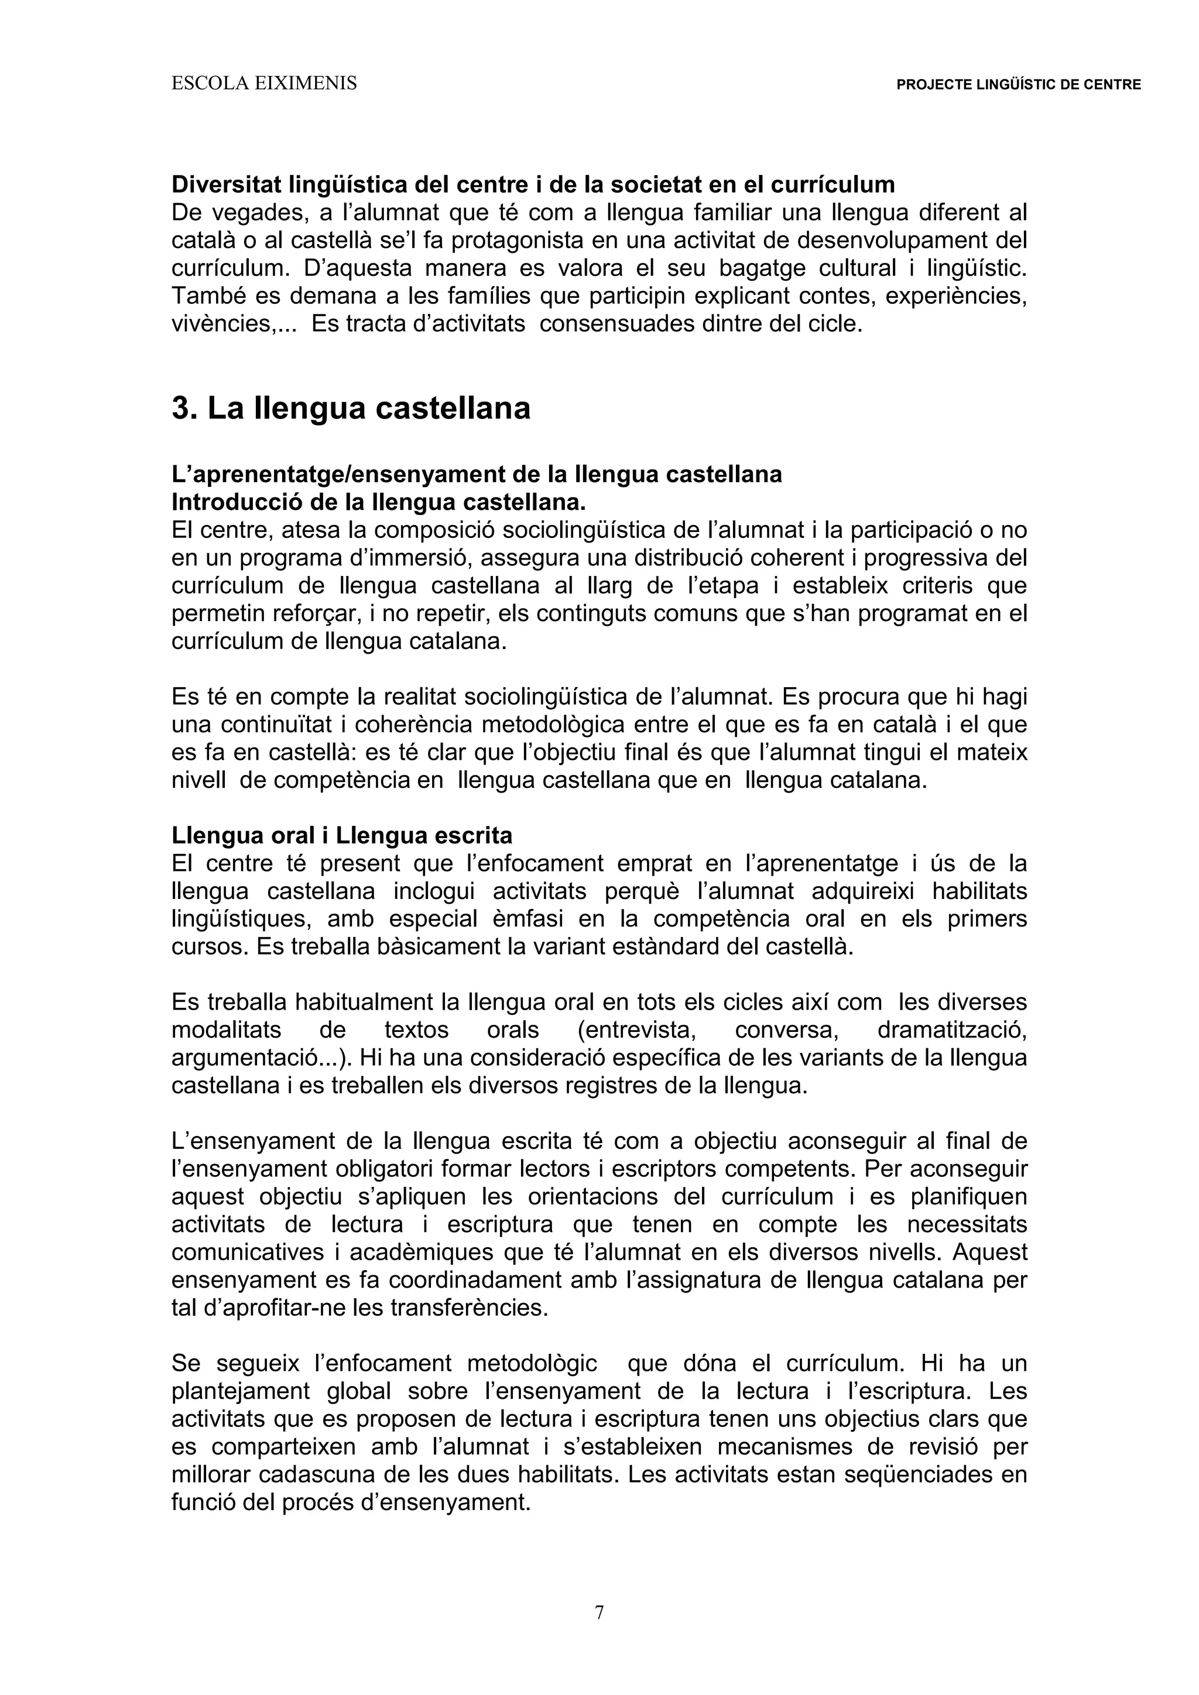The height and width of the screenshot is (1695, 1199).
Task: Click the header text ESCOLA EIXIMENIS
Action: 263,84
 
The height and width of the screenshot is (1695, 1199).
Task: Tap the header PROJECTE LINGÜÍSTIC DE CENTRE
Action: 1018,85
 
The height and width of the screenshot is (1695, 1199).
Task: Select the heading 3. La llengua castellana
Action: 351,409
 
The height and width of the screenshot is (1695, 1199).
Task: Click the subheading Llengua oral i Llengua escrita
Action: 342,836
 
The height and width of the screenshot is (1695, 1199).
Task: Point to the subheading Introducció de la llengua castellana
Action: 378,502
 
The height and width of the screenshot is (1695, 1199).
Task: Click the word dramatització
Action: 952,1030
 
